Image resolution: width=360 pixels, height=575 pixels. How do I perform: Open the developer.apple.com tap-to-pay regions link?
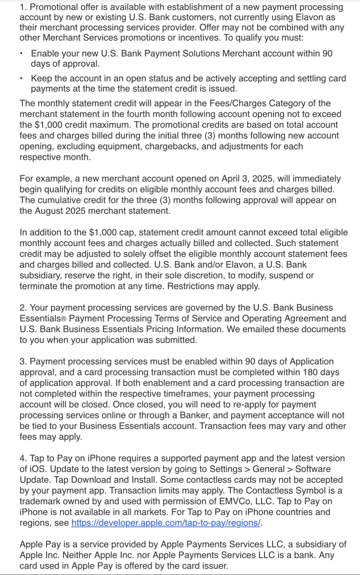coord(166,523)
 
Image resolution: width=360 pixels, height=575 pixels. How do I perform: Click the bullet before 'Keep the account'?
coord(23,79)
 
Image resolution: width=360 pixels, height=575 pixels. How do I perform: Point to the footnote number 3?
coord(22,361)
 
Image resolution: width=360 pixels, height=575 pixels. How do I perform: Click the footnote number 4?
coord(22,458)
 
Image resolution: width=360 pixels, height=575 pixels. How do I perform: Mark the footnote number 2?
coord(22,308)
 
